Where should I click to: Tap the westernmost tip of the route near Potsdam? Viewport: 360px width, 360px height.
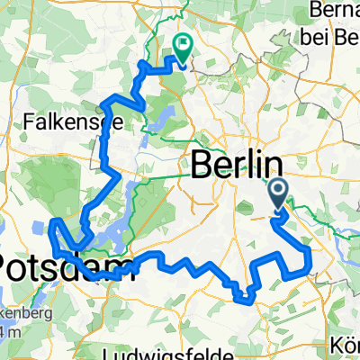(51, 220)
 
